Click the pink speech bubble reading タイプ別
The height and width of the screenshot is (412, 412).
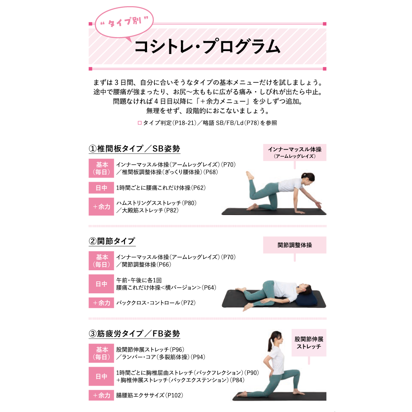124,23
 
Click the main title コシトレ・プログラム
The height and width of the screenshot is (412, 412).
207,47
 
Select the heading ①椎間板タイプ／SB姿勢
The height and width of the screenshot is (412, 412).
134,149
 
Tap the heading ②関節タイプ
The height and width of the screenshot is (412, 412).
112,241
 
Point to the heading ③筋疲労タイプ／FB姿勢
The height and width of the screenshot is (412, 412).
134,334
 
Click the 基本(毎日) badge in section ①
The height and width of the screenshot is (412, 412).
101,168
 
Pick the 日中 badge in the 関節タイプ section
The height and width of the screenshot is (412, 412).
101,284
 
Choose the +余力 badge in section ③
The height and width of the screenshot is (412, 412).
101,395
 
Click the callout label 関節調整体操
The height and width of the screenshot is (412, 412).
295,245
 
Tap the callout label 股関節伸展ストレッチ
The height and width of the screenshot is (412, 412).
309,343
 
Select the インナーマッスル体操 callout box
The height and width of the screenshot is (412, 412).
295,152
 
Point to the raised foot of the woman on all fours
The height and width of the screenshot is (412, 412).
250,175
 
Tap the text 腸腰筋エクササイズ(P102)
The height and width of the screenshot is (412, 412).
150,395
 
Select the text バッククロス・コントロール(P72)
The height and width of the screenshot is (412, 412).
156,303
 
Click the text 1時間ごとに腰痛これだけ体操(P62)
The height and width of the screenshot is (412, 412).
161,187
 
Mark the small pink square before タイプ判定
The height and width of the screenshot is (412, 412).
140,123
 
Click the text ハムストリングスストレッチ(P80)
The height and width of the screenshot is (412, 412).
156,203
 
